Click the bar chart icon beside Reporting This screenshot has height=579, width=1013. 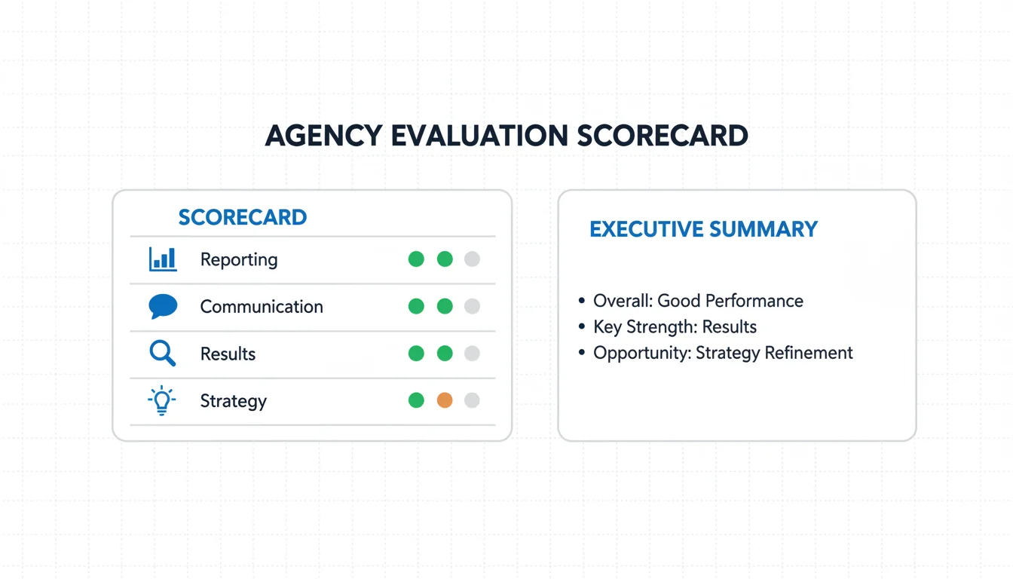tap(163, 259)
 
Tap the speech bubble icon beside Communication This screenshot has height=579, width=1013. tap(163, 306)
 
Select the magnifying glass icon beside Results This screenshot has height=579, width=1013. tap(162, 354)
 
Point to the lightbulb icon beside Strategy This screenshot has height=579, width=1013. tap(161, 400)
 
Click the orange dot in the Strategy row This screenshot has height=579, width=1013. tap(445, 400)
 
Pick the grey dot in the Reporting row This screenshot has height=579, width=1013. tap(472, 259)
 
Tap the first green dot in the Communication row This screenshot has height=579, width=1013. tap(416, 306)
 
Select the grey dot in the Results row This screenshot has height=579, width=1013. tap(472, 354)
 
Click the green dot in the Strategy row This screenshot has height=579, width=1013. tap(416, 400)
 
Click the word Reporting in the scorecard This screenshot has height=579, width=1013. tap(239, 260)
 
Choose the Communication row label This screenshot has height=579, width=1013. tap(262, 307)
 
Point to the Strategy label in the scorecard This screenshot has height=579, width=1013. tap(234, 402)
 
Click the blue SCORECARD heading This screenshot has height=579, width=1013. tap(243, 218)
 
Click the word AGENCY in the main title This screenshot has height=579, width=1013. tap(323, 136)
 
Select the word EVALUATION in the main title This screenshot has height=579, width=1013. tap(479, 136)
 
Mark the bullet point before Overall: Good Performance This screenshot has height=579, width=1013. tap(582, 300)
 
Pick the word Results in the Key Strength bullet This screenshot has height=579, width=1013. tap(730, 326)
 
